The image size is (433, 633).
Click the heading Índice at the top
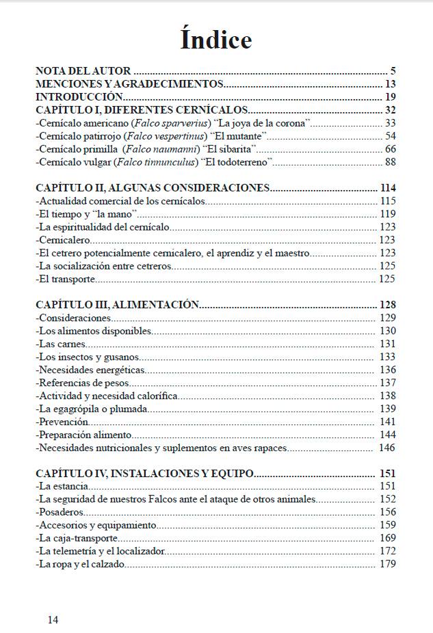[216, 40]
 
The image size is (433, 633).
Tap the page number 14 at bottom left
[53, 619]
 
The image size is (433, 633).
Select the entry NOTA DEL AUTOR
[83, 70]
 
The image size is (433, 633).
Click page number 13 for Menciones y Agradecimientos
[390, 84]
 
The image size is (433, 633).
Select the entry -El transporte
[66, 279]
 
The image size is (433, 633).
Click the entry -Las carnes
[62, 344]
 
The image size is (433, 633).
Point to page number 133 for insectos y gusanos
[388, 357]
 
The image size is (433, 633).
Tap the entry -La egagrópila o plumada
[92, 409]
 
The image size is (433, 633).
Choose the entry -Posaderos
[62, 512]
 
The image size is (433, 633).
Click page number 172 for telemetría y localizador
[388, 551]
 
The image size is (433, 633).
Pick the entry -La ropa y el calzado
[81, 564]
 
